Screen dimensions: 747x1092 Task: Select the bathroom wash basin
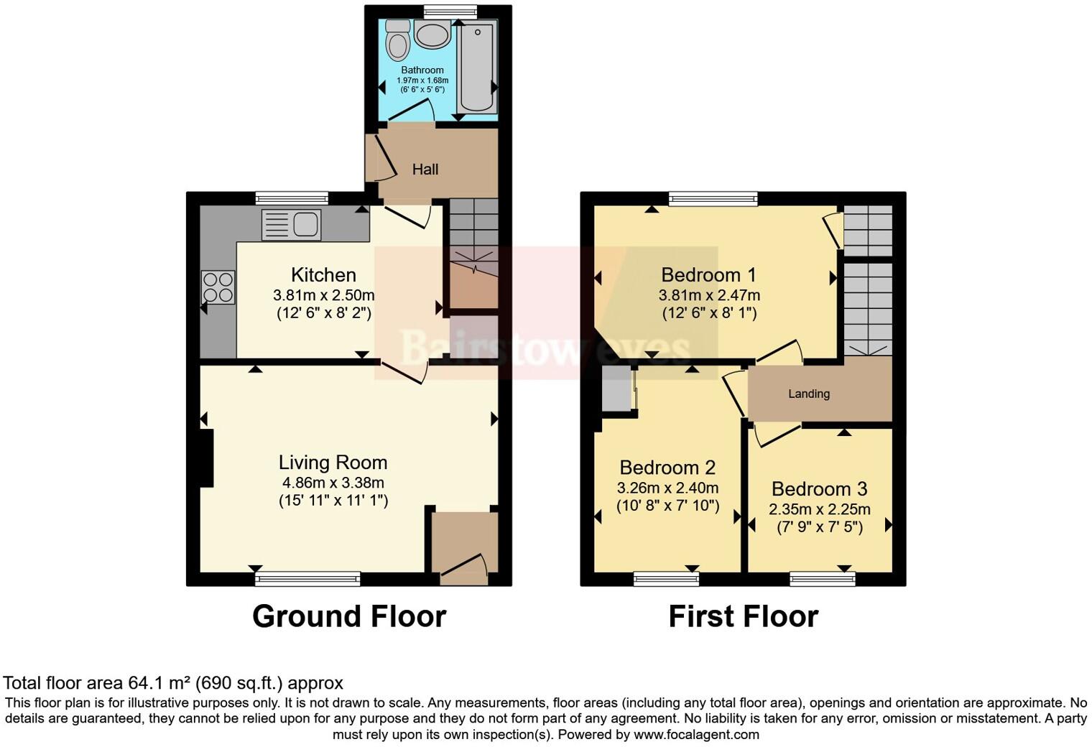click(x=432, y=34)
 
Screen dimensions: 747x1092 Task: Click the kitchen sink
click(x=292, y=224)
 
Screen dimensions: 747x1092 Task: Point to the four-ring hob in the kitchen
click(x=218, y=287)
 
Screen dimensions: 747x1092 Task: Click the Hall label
click(x=425, y=170)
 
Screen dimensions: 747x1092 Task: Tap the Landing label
click(x=809, y=394)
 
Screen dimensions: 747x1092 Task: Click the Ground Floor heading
click(x=349, y=616)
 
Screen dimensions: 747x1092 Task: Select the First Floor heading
click(x=743, y=616)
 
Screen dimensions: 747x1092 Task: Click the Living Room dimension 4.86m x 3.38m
click(x=333, y=483)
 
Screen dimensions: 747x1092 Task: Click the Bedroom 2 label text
click(x=667, y=468)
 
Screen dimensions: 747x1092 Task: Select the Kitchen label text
click(x=323, y=274)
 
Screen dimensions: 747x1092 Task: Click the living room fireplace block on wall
click(x=206, y=458)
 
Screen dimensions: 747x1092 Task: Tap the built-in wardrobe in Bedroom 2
click(x=616, y=391)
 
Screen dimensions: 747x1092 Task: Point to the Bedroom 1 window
click(x=713, y=199)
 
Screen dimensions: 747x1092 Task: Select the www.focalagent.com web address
click(x=696, y=734)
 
